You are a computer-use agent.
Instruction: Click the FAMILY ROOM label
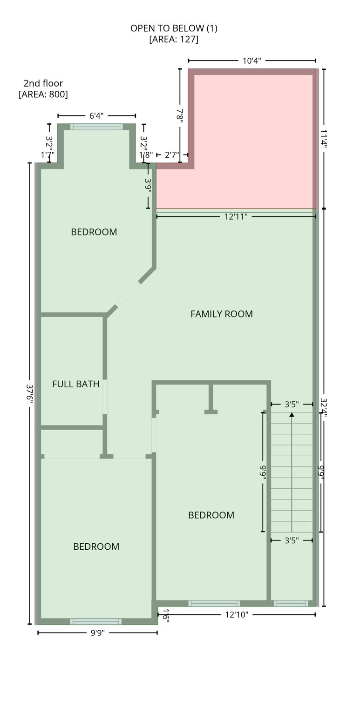[221, 314]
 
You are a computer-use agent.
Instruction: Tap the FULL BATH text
[75, 384]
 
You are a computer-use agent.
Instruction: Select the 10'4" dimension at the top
[251, 61]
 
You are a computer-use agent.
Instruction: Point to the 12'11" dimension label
[236, 217]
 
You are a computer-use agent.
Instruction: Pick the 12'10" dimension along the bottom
[237, 615]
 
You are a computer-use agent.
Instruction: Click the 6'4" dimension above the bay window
[96, 116]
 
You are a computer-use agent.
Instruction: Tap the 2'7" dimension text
[172, 155]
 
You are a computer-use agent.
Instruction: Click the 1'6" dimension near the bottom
[165, 616]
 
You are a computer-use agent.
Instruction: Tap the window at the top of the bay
[96, 127]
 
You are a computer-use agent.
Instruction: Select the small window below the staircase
[291, 604]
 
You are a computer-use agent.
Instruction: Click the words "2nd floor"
[43, 84]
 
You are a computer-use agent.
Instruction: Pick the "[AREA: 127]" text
[174, 40]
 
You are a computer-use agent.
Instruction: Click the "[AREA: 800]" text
[43, 94]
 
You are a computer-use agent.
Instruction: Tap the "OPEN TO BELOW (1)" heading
[174, 28]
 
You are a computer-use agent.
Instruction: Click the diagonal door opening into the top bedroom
[128, 294]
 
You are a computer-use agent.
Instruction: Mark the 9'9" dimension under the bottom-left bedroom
[97, 633]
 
